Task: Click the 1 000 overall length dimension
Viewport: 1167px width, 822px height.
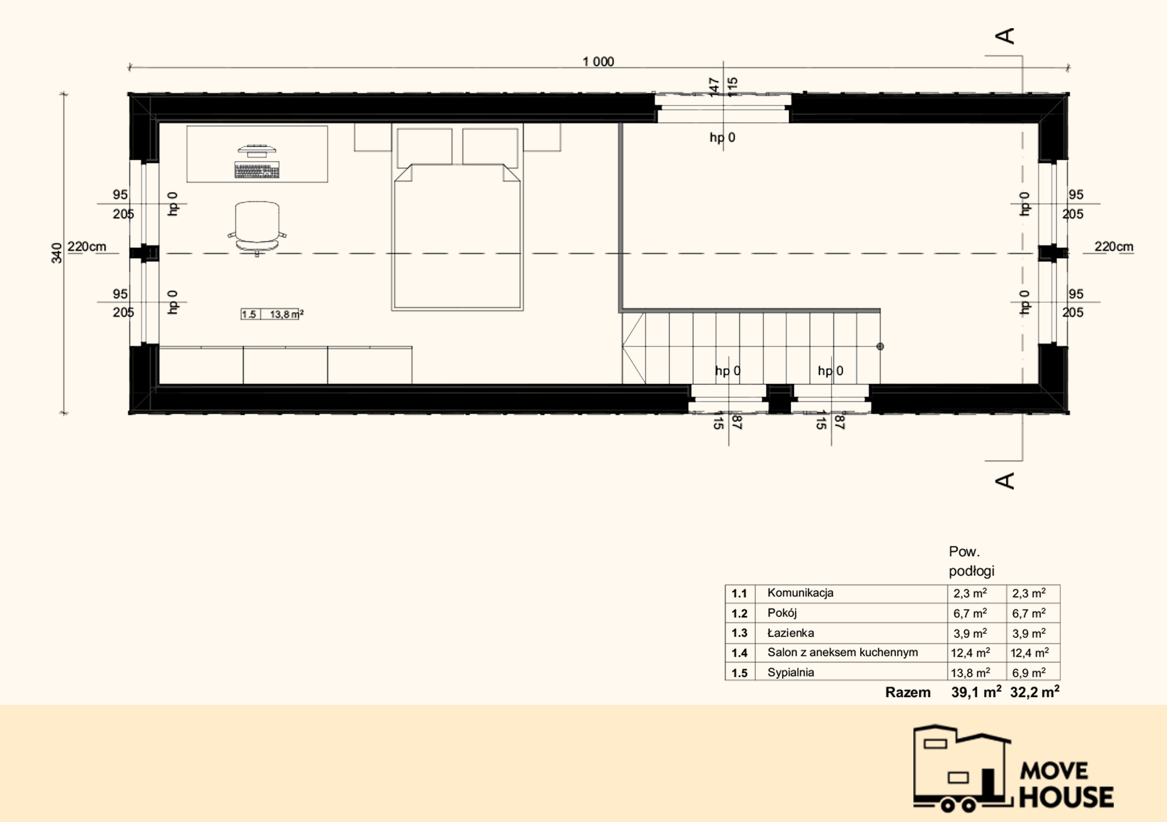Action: (598, 62)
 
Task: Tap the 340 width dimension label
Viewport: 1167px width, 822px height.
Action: (57, 253)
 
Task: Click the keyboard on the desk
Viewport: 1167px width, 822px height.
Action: (256, 170)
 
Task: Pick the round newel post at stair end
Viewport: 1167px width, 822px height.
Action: (880, 347)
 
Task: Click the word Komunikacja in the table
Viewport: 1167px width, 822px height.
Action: (800, 593)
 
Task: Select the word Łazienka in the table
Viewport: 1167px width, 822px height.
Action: (791, 633)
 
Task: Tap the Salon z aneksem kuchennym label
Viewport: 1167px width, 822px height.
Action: (842, 652)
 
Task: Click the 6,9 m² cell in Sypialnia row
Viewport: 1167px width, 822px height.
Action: (1029, 672)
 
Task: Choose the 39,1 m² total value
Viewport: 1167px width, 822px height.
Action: (976, 692)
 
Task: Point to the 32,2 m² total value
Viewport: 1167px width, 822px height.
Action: (1035, 692)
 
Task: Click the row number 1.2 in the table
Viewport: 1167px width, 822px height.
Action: (739, 613)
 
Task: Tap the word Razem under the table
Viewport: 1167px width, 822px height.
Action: (908, 693)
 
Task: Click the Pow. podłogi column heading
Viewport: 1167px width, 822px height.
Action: (971, 561)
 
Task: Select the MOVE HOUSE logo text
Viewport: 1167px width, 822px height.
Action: (1066, 785)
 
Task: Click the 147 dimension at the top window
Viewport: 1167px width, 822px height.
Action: (714, 87)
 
